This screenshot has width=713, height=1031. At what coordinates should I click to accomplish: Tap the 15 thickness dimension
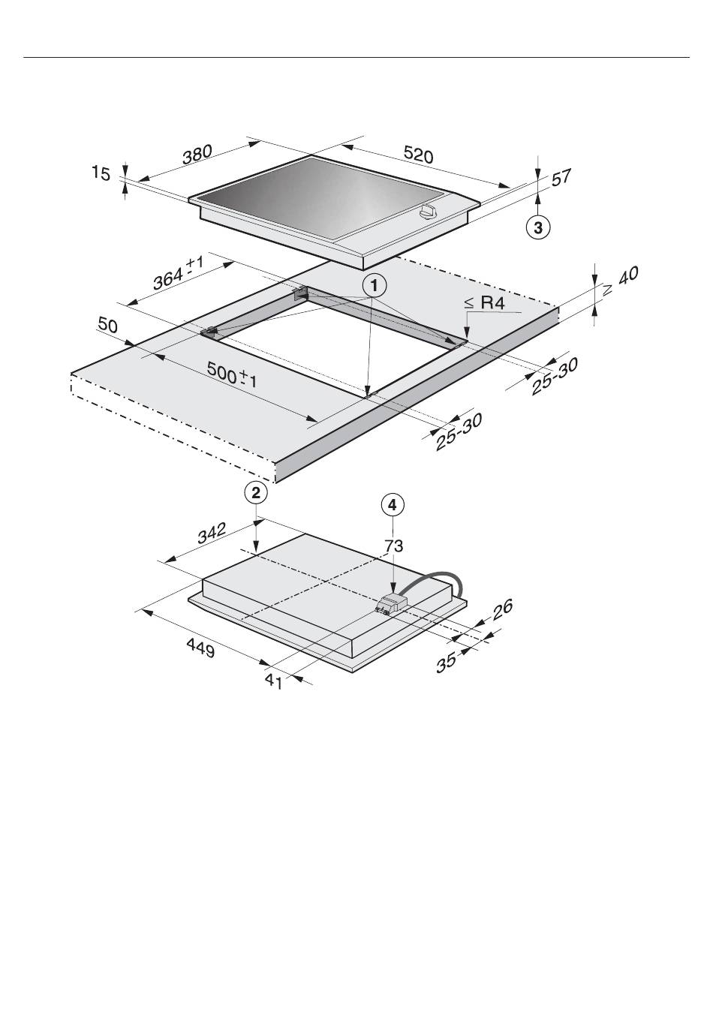pyautogui.click(x=101, y=173)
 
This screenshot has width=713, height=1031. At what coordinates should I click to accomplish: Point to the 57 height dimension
pyautogui.click(x=561, y=178)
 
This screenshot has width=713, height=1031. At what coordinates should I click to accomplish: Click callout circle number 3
pyautogui.click(x=537, y=227)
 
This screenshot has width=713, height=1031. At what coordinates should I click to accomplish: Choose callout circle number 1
pyautogui.click(x=375, y=286)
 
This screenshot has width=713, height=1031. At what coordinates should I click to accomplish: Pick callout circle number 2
pyautogui.click(x=256, y=493)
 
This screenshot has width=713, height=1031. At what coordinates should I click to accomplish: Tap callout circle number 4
pyautogui.click(x=393, y=505)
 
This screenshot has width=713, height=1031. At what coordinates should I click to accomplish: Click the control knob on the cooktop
pyautogui.click(x=428, y=212)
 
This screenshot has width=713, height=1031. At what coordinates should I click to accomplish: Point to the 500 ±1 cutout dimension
pyautogui.click(x=232, y=374)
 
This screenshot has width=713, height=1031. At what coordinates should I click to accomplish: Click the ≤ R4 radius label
pyautogui.click(x=484, y=303)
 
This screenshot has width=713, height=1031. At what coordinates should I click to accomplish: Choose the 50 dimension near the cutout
pyautogui.click(x=108, y=325)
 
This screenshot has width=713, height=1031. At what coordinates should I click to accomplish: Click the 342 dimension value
pyautogui.click(x=212, y=533)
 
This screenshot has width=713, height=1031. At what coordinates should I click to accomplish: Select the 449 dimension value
pyautogui.click(x=200, y=648)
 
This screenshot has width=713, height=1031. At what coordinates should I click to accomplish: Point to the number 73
pyautogui.click(x=393, y=546)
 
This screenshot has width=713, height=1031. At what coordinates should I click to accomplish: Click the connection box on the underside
pyautogui.click(x=392, y=604)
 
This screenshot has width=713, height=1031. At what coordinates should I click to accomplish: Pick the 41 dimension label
pyautogui.click(x=273, y=681)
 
